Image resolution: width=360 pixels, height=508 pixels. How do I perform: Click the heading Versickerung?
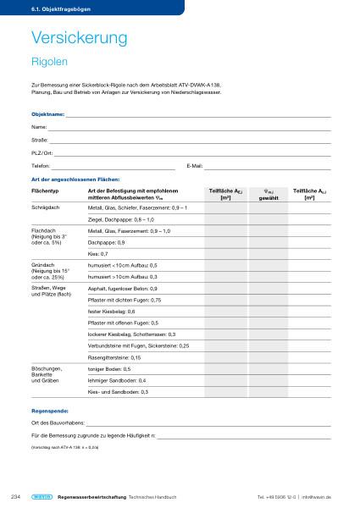[x=78, y=38]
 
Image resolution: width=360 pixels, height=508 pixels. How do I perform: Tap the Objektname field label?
[x=47, y=113]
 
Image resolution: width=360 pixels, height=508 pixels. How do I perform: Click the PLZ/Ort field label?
[x=41, y=153]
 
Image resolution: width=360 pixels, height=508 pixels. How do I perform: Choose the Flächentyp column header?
[x=45, y=192]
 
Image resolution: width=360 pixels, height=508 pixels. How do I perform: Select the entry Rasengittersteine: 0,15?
[x=114, y=357]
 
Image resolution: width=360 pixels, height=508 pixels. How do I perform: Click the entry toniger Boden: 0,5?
[x=108, y=369]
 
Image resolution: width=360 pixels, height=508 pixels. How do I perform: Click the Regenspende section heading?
[x=48, y=410]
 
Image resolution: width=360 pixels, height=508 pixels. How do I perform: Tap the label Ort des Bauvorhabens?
[x=57, y=422]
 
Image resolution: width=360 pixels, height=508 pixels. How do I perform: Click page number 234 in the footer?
[x=14, y=496]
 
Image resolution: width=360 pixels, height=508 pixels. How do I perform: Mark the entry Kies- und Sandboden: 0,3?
[x=118, y=392]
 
